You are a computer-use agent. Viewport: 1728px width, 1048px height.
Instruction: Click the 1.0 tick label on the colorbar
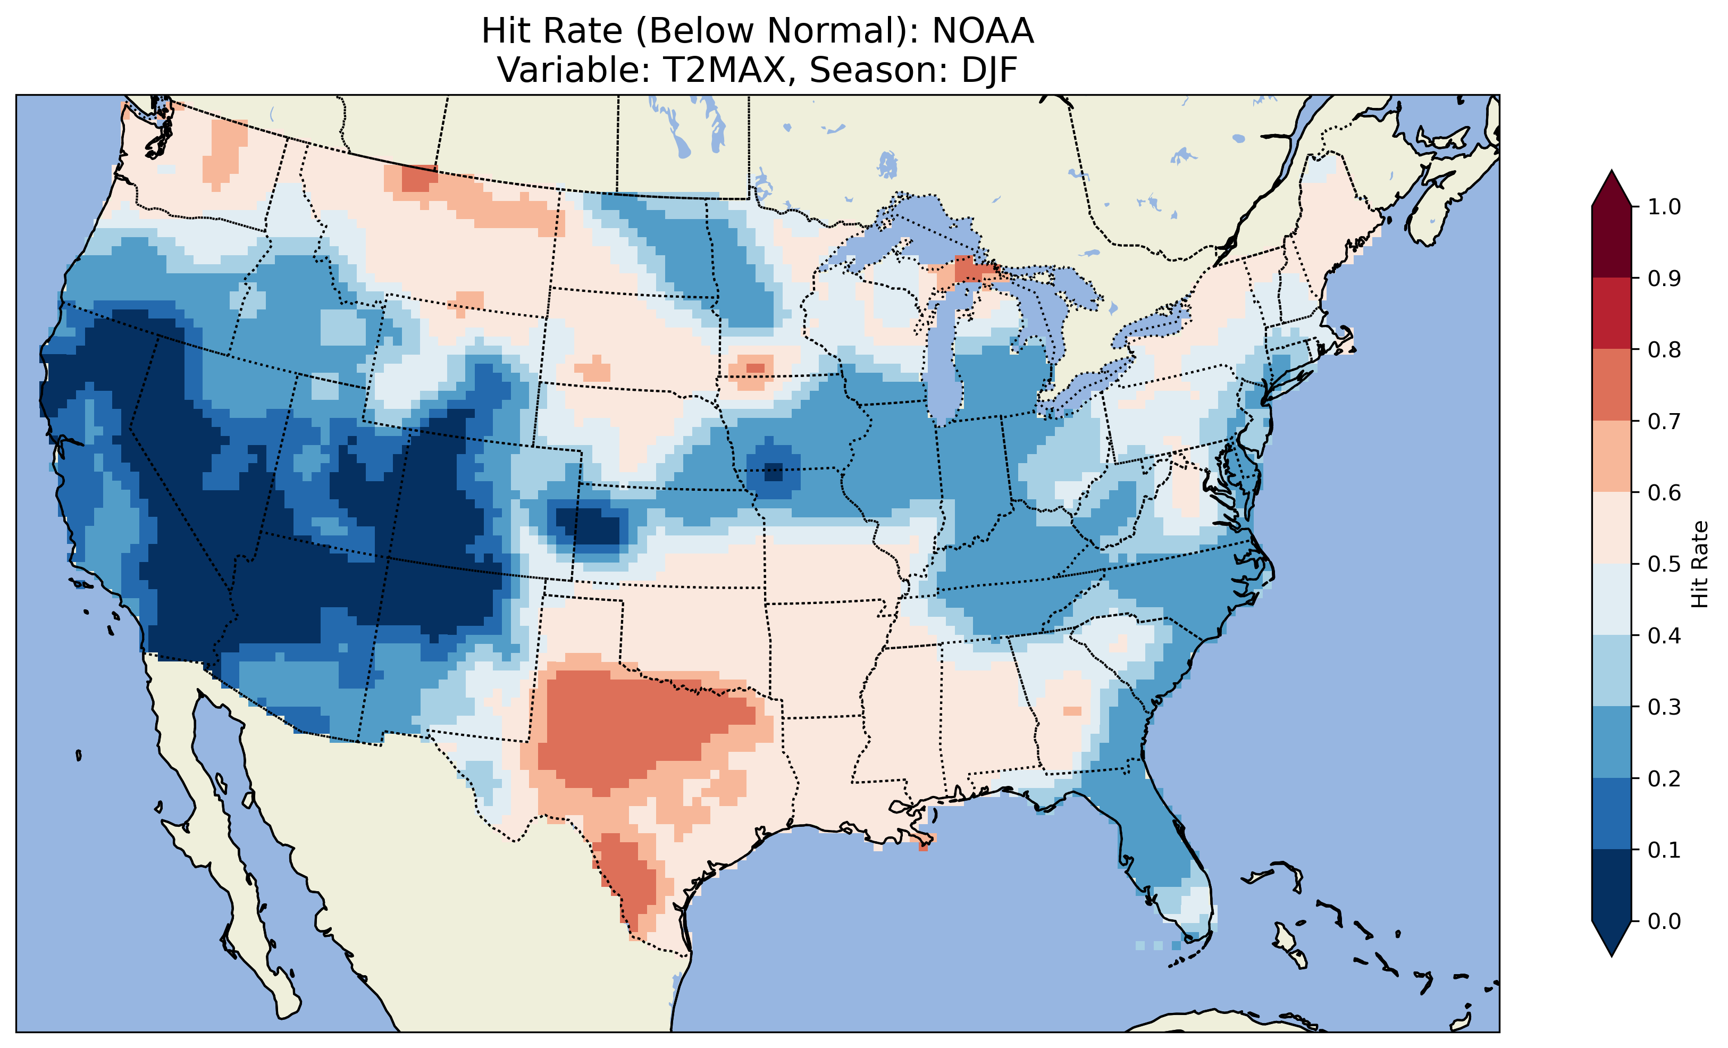[1664, 206]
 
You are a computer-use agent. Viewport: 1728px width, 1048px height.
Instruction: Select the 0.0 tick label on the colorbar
[1664, 920]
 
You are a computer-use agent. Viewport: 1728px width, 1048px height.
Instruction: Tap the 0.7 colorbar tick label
[1664, 421]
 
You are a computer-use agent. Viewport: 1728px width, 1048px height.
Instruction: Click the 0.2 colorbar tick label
[1664, 778]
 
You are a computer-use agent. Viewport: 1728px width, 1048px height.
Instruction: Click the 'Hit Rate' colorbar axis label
[1699, 564]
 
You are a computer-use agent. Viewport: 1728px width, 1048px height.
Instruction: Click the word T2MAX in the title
[730, 70]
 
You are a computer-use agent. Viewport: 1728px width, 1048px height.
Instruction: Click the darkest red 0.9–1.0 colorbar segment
[1612, 242]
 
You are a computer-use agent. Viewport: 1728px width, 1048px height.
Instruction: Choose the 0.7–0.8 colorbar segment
[1612, 384]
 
